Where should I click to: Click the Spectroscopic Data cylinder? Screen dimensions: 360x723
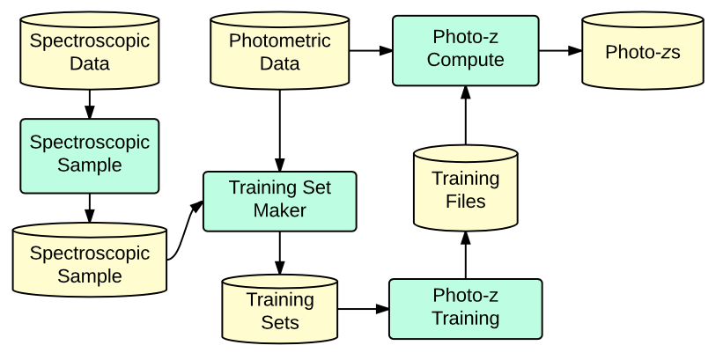click(x=89, y=52)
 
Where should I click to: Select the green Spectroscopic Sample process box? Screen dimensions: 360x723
click(x=89, y=154)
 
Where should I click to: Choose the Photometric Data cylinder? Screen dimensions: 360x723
click(x=280, y=52)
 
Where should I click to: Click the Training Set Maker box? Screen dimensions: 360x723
click(x=280, y=200)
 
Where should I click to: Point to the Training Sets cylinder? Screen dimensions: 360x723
click(x=280, y=311)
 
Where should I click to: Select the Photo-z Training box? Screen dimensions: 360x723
click(x=465, y=308)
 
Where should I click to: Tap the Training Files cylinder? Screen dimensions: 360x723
click(x=465, y=190)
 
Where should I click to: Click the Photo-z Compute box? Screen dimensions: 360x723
click(x=465, y=49)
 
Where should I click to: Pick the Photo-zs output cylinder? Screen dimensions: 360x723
click(x=643, y=52)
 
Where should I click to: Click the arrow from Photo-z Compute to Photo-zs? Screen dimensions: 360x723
click(x=560, y=50)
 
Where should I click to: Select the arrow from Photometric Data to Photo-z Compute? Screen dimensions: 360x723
click(x=370, y=50)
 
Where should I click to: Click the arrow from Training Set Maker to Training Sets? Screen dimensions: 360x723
click(x=280, y=253)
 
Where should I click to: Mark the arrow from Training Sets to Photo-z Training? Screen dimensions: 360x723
click(x=363, y=309)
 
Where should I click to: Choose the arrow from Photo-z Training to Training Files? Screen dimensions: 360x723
click(x=465, y=255)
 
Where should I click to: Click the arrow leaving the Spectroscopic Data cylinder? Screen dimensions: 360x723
click(x=89, y=105)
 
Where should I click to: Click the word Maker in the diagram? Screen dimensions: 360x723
click(x=280, y=211)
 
